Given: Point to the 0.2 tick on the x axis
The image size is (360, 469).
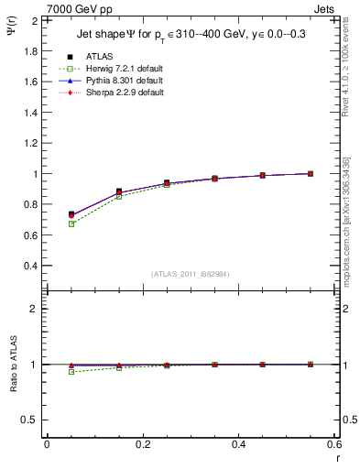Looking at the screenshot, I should [142, 443].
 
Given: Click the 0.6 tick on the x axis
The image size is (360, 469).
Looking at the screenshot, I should [333, 443].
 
